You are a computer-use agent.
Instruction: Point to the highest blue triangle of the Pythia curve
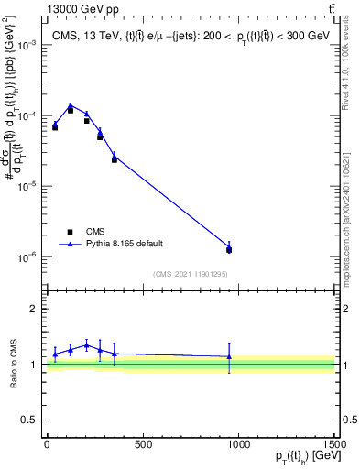[71, 105]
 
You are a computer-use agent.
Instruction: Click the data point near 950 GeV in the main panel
[229, 248]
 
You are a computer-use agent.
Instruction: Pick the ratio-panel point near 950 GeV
[229, 356]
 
